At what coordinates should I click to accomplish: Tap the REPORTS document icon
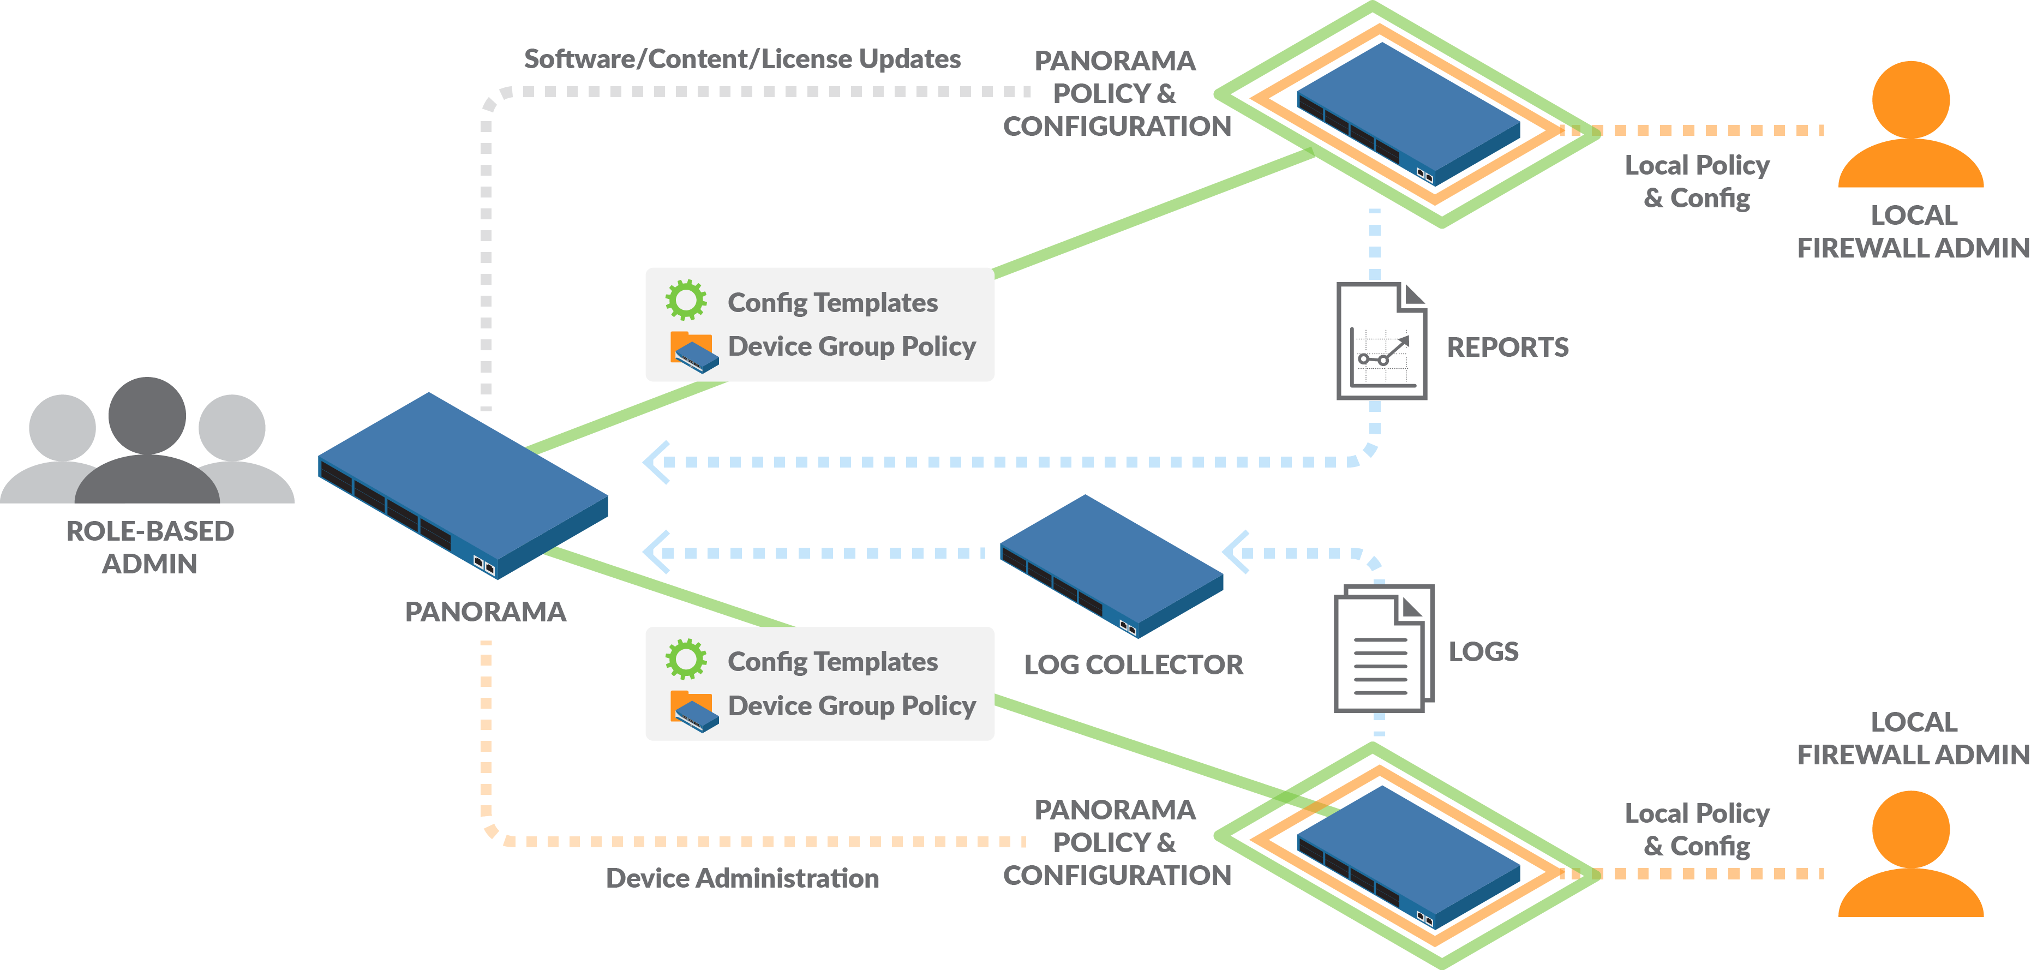1381,342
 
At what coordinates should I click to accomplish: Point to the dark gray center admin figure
147,441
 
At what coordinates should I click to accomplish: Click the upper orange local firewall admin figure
1910,126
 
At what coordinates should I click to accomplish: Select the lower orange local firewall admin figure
1910,855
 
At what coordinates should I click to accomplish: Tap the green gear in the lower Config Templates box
686,659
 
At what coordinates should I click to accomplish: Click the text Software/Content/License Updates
742,59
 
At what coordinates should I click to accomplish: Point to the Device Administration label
742,878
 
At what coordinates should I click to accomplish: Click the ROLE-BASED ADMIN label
150,547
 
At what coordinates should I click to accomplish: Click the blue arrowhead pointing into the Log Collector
1236,552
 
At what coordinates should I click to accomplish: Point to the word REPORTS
1507,348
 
